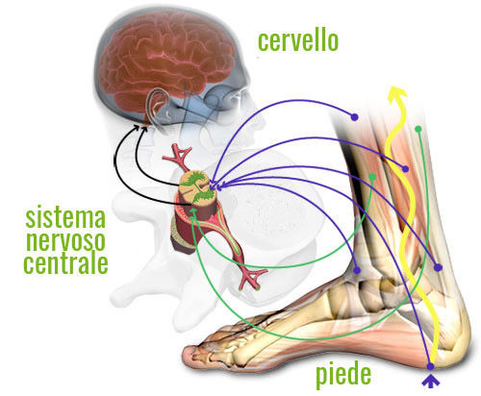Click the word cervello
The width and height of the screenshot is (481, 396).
coord(298,41)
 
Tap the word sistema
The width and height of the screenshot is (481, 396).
coord(65,218)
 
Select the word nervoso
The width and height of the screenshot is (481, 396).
coord(65,241)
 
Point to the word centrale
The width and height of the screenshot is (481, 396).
coord(65,263)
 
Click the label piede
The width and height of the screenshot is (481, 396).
coord(343,376)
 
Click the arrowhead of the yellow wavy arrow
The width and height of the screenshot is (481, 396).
coord(397,94)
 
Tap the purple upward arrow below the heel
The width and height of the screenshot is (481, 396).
coord(430,382)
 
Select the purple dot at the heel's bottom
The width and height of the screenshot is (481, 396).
coord(430,366)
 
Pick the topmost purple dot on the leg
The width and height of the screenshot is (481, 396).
coord(354,117)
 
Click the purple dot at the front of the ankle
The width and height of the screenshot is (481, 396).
coord(357,270)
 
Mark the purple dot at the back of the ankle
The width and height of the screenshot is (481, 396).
coord(438,267)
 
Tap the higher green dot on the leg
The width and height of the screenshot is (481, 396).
coord(418,129)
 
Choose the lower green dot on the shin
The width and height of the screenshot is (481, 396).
coord(372,177)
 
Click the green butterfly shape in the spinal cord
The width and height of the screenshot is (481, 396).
coord(197,186)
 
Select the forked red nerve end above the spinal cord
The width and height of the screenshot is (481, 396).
coord(178,156)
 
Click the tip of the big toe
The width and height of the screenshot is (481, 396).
coord(185,355)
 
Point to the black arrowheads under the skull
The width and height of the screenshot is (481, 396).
coord(141,128)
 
